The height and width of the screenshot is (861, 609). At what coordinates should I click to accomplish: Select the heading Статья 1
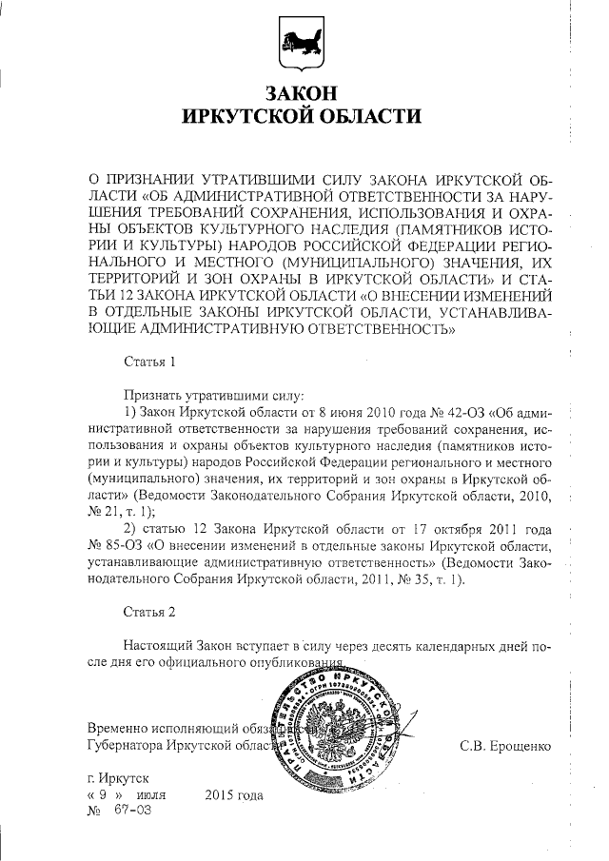[x=150, y=362]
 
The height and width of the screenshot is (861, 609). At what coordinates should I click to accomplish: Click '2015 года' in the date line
[x=233, y=793]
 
